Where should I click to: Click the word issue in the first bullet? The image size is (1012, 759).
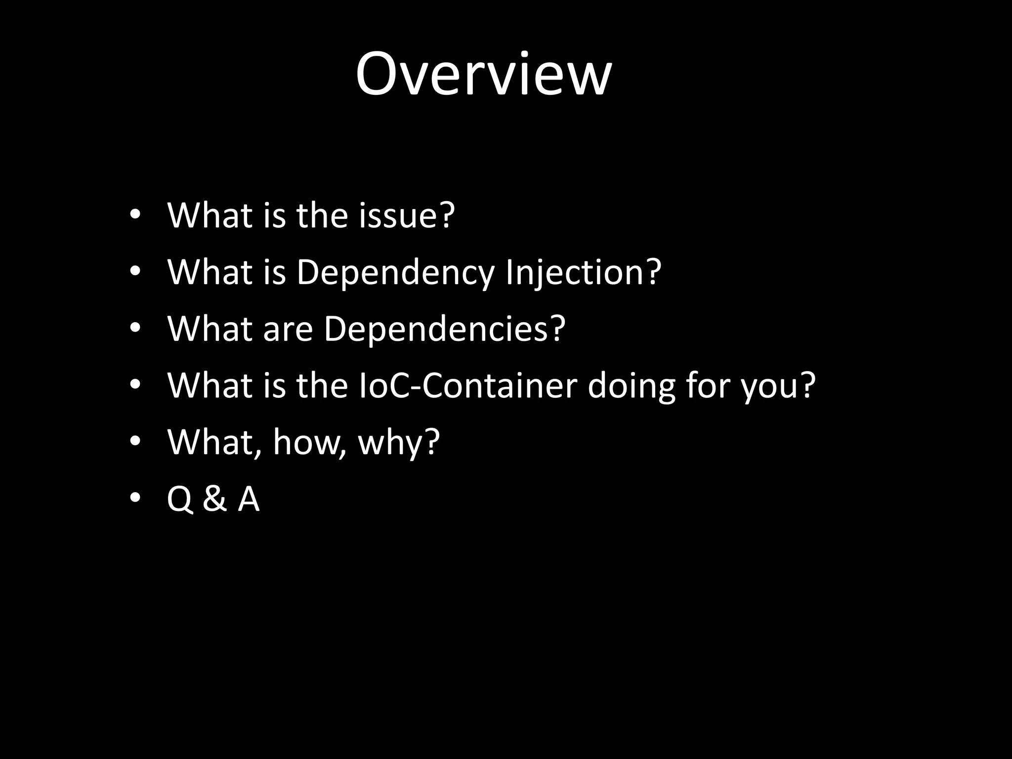point(397,216)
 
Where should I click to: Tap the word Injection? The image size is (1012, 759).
point(575,273)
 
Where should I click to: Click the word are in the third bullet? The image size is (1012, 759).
point(288,329)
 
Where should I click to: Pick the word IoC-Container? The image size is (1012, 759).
point(467,385)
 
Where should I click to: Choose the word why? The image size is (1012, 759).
point(390,443)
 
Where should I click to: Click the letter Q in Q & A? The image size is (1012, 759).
point(179,499)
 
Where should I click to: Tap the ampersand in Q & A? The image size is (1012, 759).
point(214,499)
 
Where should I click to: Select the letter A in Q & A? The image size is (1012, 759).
point(249,499)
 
